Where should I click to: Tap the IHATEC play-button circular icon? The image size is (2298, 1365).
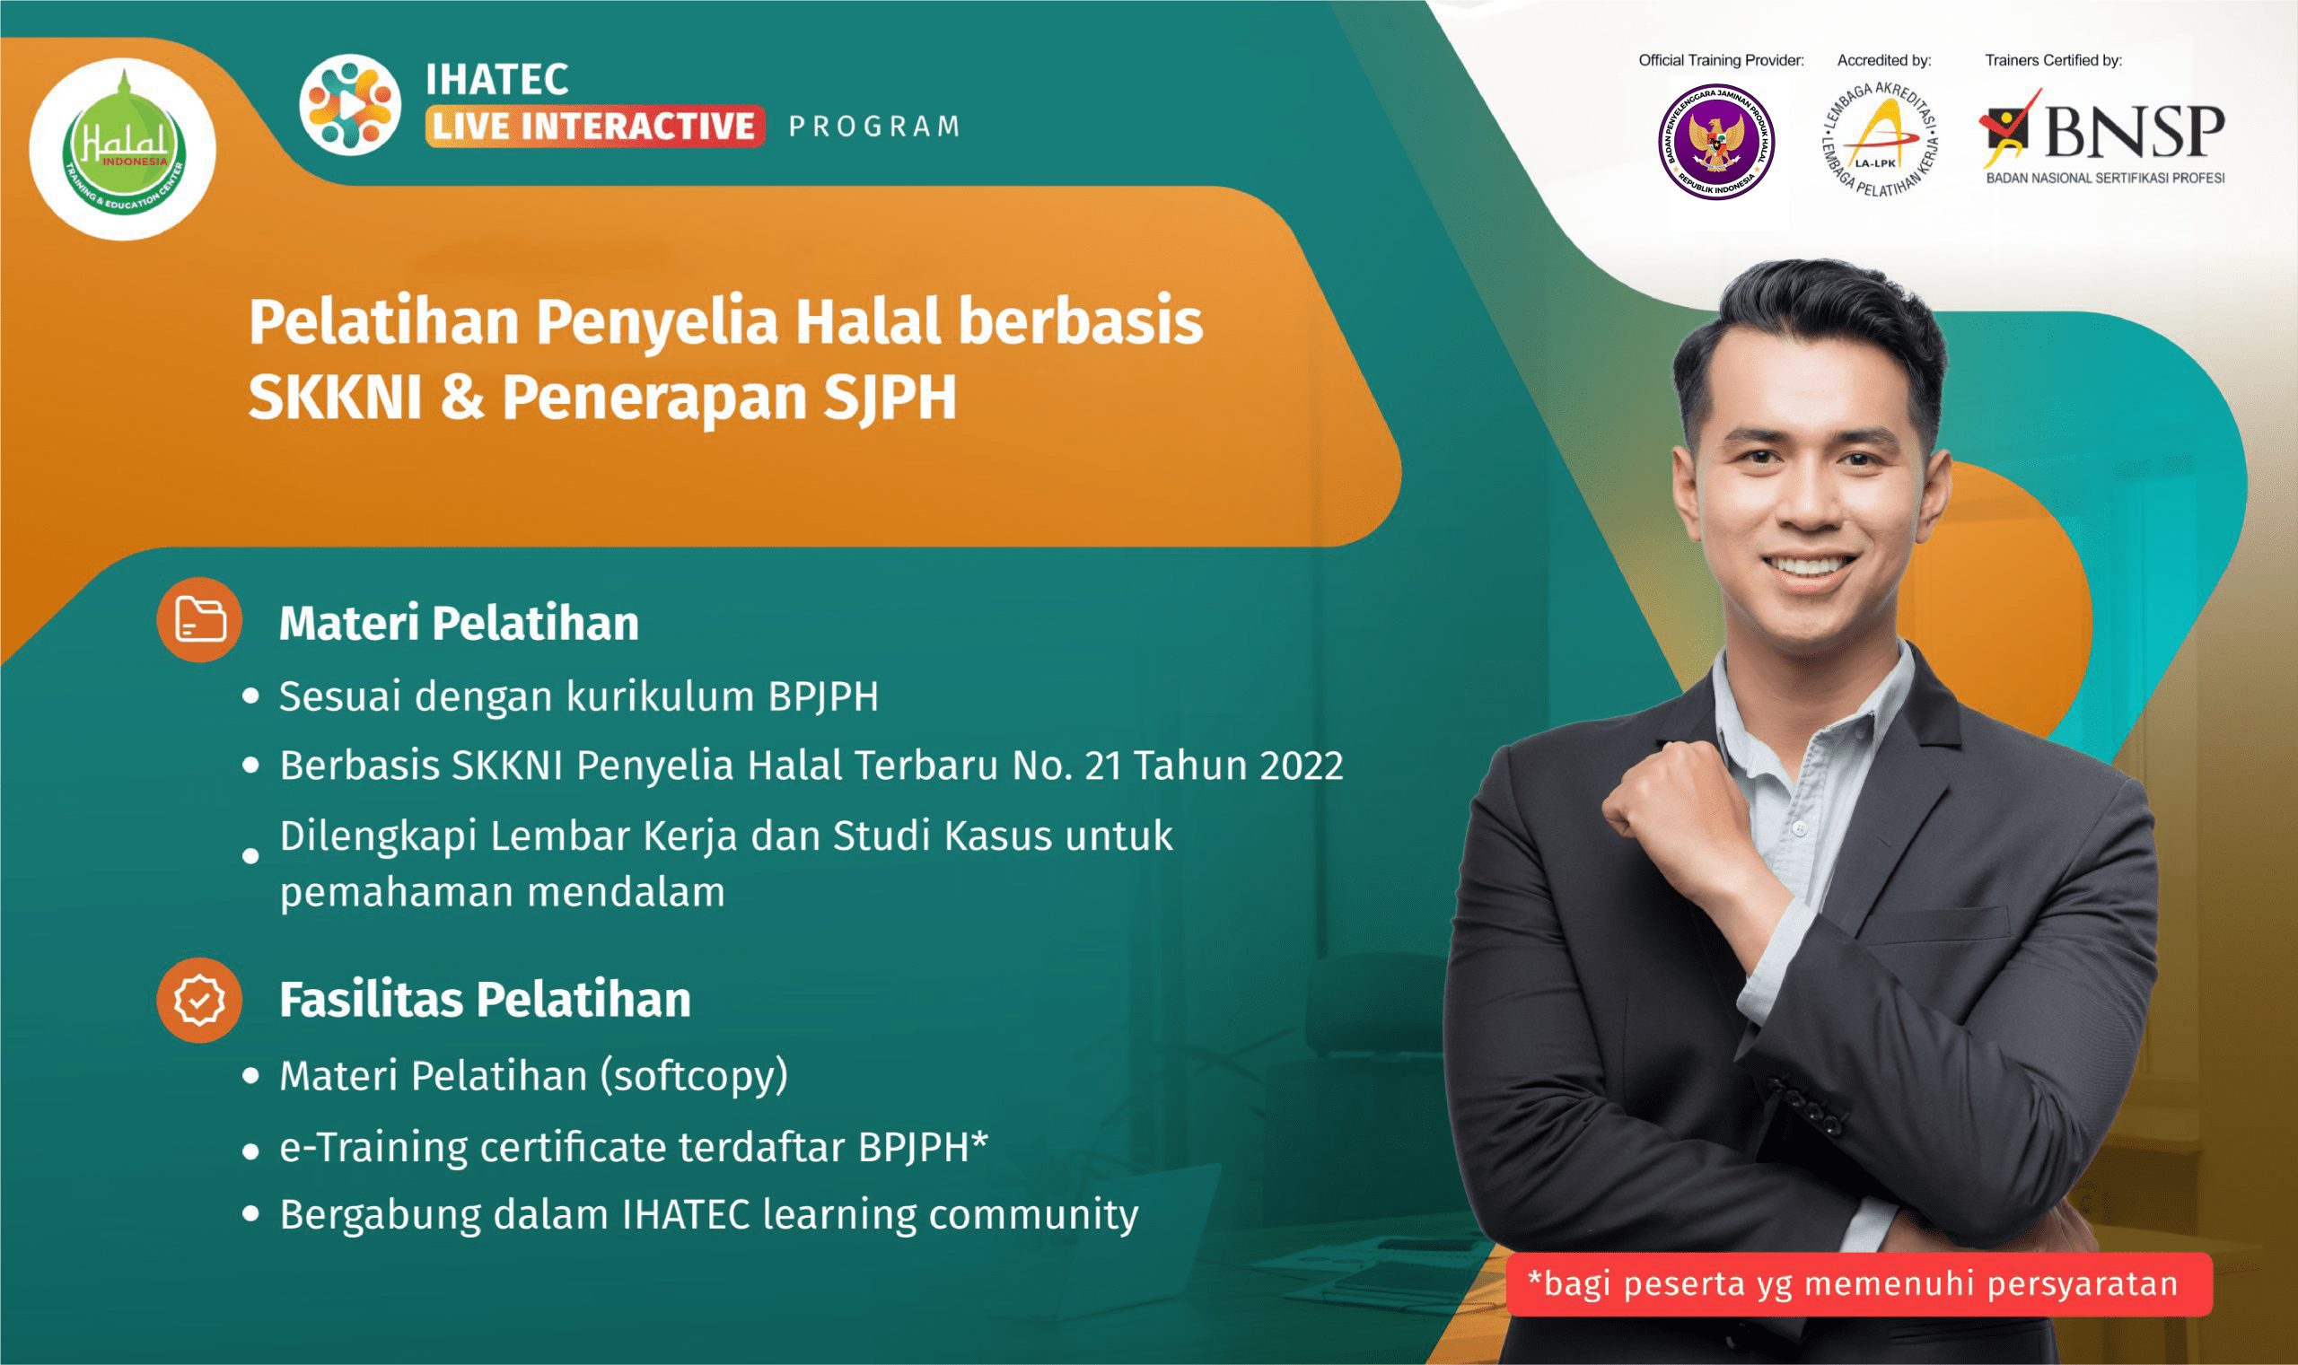(349, 104)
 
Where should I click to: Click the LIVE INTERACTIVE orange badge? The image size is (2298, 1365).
(594, 126)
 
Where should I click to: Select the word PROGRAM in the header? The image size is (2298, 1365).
(874, 126)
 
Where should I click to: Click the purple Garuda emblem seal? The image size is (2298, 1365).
(1715, 143)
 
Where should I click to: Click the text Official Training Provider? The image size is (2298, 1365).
(1720, 61)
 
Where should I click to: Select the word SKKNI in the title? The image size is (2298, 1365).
(334, 398)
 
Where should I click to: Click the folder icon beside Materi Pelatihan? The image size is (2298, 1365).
(199, 619)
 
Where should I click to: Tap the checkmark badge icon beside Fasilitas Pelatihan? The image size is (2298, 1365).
(199, 1000)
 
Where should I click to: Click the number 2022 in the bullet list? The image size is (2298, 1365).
(1301, 766)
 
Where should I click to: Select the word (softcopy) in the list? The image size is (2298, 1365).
(695, 1075)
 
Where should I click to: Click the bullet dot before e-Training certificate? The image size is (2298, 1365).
(250, 1151)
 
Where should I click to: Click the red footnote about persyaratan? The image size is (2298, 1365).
(1857, 1283)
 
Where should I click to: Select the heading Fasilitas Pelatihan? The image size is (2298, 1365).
(485, 1000)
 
